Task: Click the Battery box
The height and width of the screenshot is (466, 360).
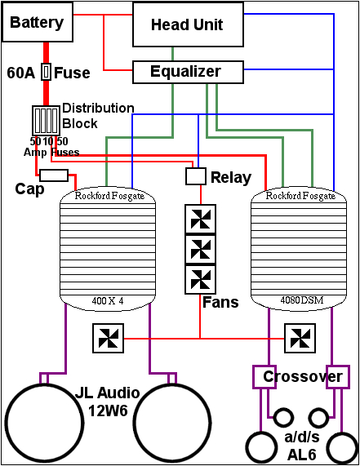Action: click(x=37, y=23)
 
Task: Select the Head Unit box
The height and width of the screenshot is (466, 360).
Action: click(x=188, y=24)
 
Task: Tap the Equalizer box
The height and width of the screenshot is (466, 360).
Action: click(x=186, y=72)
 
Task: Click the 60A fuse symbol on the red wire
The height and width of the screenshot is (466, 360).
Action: click(x=47, y=73)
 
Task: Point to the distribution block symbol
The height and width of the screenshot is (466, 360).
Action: click(x=44, y=121)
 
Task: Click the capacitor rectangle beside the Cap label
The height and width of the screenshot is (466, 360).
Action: click(x=54, y=175)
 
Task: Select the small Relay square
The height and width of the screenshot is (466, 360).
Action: click(x=196, y=176)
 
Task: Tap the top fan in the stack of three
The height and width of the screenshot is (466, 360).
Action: click(x=200, y=219)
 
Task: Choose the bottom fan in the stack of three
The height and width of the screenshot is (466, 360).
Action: click(x=200, y=279)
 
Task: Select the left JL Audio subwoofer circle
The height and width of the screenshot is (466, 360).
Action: click(x=47, y=426)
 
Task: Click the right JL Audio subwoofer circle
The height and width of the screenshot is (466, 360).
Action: click(x=171, y=426)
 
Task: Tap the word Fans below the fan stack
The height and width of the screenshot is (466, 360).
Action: click(x=220, y=303)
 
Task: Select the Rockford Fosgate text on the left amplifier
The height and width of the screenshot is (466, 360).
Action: click(x=109, y=196)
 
